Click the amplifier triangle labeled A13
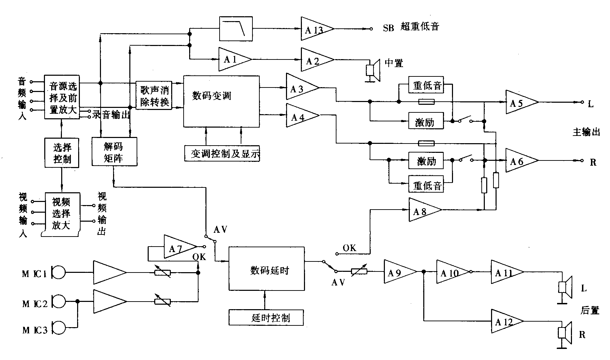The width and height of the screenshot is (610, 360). tap(315, 29)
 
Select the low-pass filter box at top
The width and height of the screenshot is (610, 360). tap(236, 28)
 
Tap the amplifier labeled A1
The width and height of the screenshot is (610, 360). tap(233, 59)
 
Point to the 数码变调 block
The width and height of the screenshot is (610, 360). tap(221, 101)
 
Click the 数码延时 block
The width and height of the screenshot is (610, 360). tap(266, 269)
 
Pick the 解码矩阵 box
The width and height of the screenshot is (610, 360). tap(114, 152)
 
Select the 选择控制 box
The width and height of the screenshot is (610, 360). tap(62, 153)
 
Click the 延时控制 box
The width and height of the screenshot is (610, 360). tap(266, 317)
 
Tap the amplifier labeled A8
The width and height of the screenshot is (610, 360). tap(423, 210)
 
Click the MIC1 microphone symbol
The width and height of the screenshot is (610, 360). tap(58, 272)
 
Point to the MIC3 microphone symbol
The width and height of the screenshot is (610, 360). tap(58, 327)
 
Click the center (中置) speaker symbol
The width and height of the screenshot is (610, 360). tap(373, 70)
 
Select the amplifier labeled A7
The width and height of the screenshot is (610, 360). tap(178, 247)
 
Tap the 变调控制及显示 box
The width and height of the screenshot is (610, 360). tap(222, 154)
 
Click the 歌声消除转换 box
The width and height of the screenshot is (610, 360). tap(154, 96)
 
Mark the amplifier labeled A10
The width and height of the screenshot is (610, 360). tap(450, 272)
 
